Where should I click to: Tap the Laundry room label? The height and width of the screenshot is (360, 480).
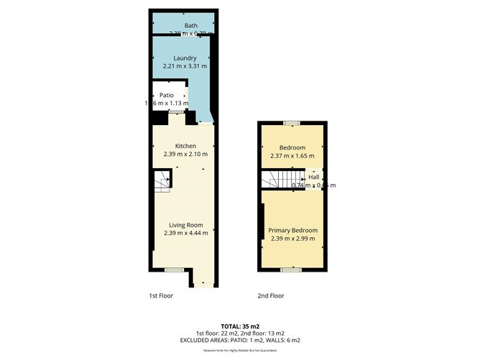click(185, 58)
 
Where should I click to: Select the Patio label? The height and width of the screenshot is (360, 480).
click(167, 95)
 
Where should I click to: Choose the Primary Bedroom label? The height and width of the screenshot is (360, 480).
click(292, 231)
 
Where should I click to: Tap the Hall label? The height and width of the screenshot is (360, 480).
click(314, 177)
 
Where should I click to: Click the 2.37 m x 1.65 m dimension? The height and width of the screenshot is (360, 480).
click(292, 155)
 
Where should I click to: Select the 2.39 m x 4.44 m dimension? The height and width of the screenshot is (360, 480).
click(185, 232)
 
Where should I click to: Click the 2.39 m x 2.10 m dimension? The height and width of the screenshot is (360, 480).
click(185, 154)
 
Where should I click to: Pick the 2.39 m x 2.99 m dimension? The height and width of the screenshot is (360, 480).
click(293, 239)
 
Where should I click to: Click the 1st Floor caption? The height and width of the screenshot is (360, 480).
click(161, 295)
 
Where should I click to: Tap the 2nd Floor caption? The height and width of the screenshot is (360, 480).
click(271, 295)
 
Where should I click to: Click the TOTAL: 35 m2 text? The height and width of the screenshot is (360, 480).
click(240, 326)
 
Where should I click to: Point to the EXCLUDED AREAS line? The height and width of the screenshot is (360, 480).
click(240, 341)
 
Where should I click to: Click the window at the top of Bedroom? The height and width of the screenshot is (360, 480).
click(292, 124)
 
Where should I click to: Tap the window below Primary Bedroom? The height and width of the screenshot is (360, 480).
click(292, 269)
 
